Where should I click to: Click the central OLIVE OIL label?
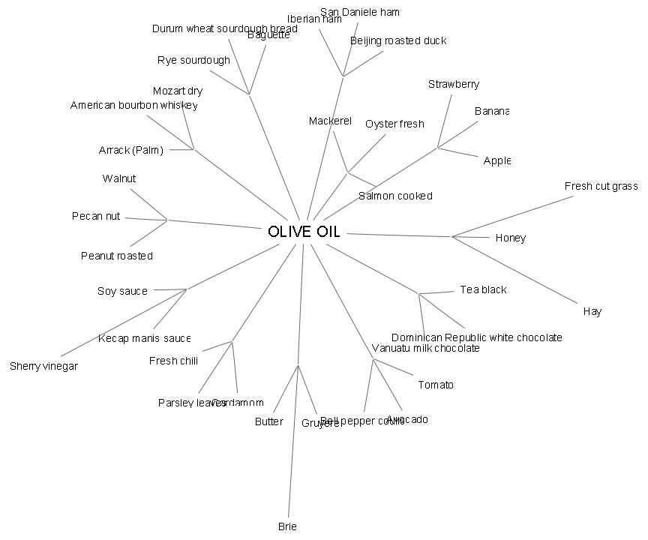[304, 232]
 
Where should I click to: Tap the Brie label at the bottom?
[287, 526]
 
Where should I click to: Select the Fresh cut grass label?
[601, 186]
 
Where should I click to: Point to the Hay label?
[592, 311]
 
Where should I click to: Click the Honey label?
[510, 238]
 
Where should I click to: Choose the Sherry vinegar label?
[43, 366]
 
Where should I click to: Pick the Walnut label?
[119, 178]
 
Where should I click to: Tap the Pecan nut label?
[96, 216]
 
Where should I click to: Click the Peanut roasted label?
[116, 256]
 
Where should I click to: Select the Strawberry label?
[453, 84]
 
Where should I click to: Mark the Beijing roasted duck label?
[397, 40]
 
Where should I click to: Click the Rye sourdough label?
[193, 60]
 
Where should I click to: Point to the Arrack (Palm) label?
[130, 150]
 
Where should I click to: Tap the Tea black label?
[483, 289]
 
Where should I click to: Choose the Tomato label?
[435, 385]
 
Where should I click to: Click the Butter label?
[268, 421]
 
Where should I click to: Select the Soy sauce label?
[122, 291]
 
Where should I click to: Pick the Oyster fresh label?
[394, 124]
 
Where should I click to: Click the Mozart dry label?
[178, 91]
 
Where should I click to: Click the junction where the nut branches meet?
[167, 220]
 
